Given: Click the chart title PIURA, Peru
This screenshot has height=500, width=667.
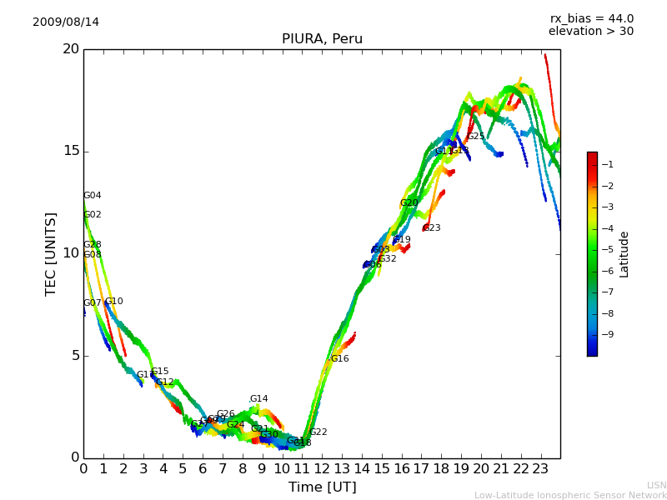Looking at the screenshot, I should [x=322, y=39].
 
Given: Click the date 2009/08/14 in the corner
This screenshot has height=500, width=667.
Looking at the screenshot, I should [x=66, y=22].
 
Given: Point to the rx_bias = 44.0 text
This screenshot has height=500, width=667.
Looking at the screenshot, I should [x=591, y=19].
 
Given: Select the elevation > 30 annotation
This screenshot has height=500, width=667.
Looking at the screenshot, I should [x=590, y=32].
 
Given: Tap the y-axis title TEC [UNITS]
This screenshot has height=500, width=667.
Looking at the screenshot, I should [x=51, y=253].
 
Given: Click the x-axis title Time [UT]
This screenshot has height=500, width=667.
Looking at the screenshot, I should [x=322, y=487].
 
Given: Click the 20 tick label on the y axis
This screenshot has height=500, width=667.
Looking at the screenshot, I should [x=70, y=49].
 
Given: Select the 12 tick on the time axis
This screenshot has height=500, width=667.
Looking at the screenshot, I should [x=322, y=469].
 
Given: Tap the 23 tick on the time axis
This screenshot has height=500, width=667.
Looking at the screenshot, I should [x=540, y=469].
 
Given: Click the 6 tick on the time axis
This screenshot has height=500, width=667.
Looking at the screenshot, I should [x=203, y=469].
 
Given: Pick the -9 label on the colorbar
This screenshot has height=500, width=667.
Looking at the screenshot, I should [x=609, y=335].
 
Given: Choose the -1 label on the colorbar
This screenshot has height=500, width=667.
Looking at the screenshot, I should [x=609, y=165].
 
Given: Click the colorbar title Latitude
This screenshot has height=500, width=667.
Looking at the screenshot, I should [x=624, y=254].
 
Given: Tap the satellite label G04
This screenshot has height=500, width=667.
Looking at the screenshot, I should [x=92, y=196].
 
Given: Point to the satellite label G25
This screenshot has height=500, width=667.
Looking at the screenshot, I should [x=475, y=137].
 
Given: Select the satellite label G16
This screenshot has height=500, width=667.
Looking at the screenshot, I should [x=339, y=359].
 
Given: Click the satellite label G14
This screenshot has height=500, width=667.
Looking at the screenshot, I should [x=258, y=399].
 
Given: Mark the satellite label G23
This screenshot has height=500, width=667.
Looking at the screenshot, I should [x=431, y=228].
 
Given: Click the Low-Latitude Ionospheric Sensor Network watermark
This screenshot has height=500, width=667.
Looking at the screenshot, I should [x=570, y=495].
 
